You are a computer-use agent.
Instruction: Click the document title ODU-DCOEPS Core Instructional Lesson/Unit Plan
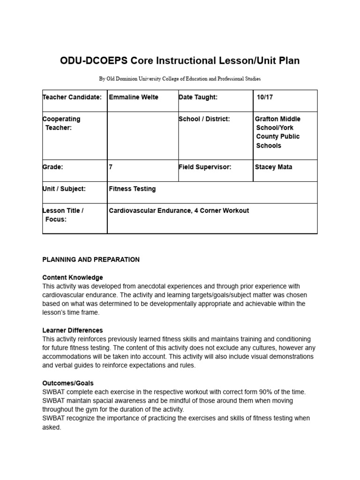tap(180, 61)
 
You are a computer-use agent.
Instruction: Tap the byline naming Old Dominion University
tap(180, 79)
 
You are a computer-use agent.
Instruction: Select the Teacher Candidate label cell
tap(72, 97)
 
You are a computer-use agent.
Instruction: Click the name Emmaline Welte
tap(134, 97)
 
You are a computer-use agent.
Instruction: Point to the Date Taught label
tap(198, 97)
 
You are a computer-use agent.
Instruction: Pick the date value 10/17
tap(265, 97)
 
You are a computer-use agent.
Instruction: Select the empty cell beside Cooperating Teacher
tap(142, 135)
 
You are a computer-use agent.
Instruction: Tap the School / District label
tap(204, 119)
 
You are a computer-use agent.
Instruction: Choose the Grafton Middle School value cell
tap(278, 132)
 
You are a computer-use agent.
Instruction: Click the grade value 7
tap(111, 167)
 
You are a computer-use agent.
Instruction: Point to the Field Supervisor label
tap(205, 167)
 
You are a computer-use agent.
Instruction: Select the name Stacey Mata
tap(273, 167)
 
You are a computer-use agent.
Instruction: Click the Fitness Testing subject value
tap(132, 189)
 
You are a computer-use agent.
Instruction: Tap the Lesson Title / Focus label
tap(63, 215)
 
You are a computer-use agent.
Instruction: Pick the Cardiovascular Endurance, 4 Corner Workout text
tap(179, 211)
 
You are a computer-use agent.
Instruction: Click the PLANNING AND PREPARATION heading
tap(91, 260)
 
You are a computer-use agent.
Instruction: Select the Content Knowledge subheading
tap(73, 277)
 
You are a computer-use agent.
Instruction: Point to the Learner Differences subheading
tap(73, 330)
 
